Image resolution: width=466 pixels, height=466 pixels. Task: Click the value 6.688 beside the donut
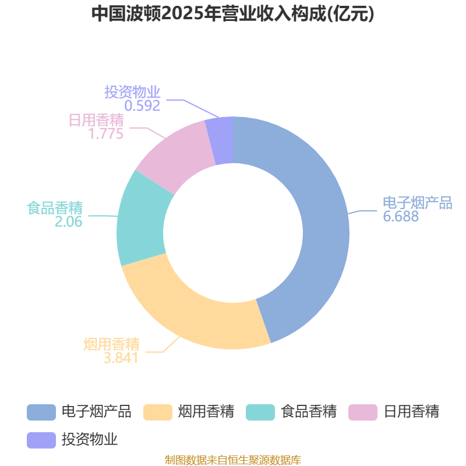[401, 217]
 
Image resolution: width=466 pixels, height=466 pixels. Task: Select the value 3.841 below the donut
[121, 358]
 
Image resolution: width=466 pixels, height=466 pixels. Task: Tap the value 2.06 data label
[69, 221]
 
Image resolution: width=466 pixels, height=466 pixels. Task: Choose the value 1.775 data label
[105, 133]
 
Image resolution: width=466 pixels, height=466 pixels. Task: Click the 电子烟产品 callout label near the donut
[417, 203]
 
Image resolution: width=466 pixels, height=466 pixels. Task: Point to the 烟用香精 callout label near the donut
[111, 344]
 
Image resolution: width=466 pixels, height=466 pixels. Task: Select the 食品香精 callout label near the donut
[55, 208]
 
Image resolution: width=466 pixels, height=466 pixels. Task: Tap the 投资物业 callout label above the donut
[132, 92]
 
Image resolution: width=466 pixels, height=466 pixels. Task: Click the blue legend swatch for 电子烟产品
[41, 412]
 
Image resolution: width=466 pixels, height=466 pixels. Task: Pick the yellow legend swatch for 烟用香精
[157, 412]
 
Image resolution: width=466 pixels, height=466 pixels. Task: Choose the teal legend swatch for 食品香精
[260, 412]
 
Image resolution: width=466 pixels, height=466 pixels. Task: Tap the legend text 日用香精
[411, 412]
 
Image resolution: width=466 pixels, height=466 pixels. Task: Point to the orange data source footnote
[233, 460]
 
